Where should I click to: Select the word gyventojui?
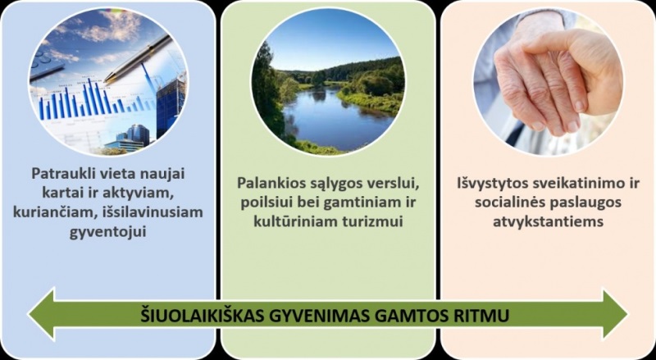(108, 231)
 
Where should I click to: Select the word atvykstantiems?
(548, 221)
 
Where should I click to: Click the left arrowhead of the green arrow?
(41, 313)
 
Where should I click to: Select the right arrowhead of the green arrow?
(614, 314)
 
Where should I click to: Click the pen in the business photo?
(138, 58)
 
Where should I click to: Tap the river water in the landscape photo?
(335, 117)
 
